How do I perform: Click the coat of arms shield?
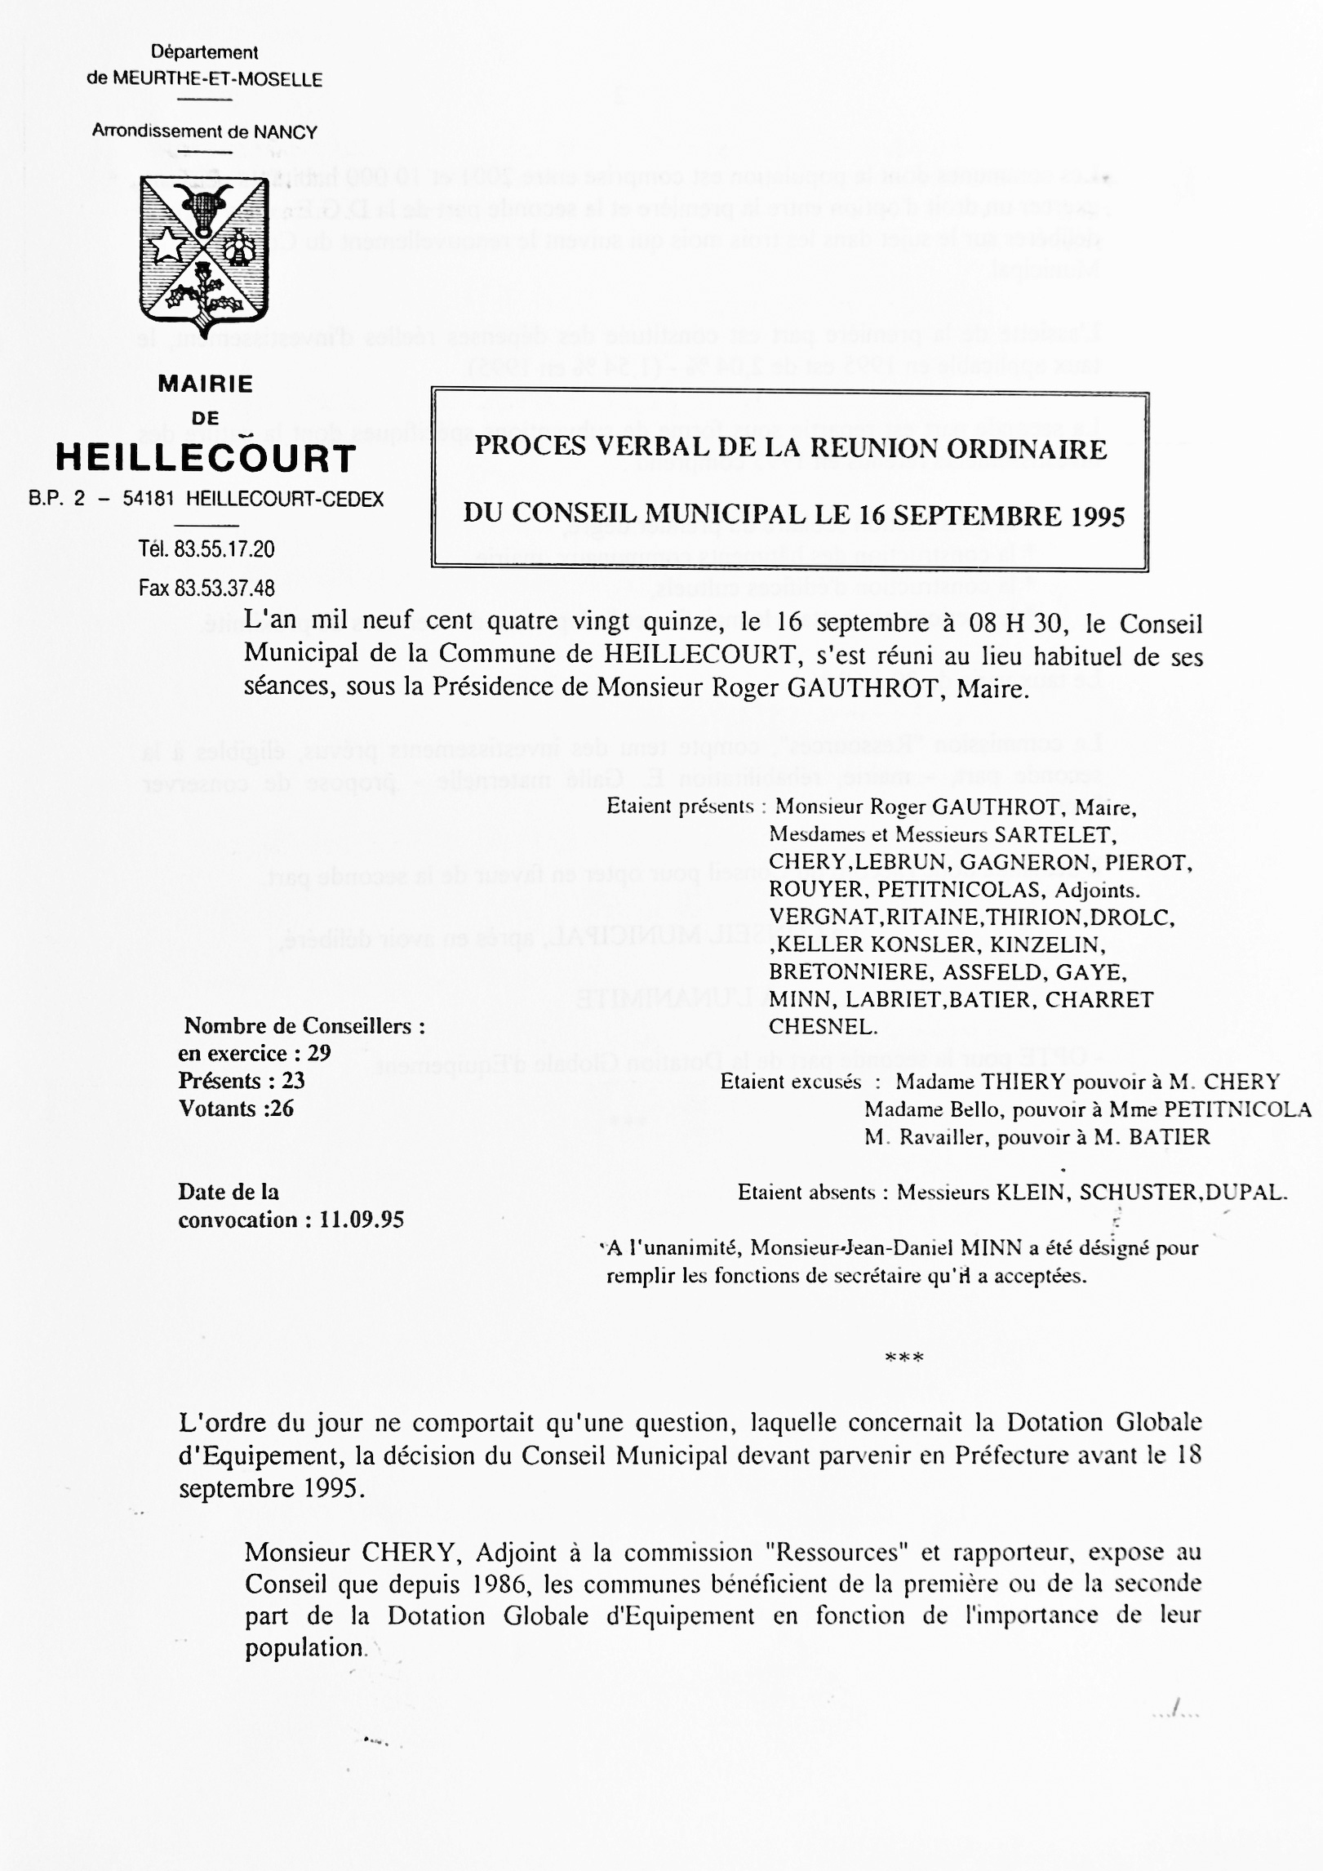tap(204, 253)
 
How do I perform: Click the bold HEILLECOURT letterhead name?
tap(206, 460)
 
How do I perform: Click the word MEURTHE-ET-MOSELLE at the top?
tap(217, 80)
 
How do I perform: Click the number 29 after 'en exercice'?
tap(318, 1053)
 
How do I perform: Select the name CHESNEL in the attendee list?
tap(823, 1027)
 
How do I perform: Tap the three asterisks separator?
tap(904, 1358)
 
